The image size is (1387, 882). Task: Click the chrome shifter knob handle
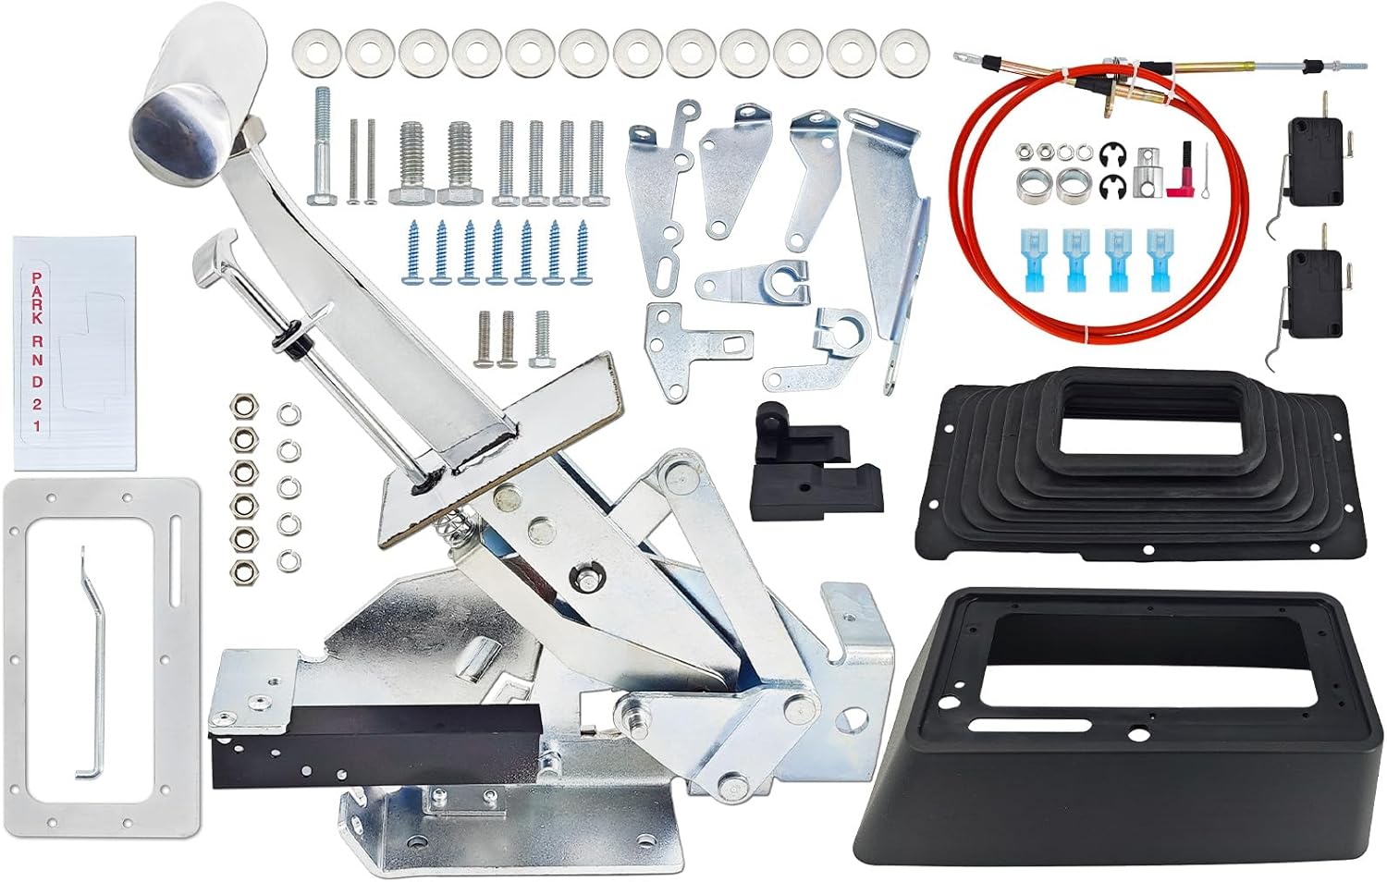pos(198,92)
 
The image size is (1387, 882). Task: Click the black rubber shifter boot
pos(1139,464)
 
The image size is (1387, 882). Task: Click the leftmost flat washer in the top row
pos(316,53)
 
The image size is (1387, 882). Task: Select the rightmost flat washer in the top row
pos(904,53)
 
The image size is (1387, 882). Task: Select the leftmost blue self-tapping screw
pos(413,253)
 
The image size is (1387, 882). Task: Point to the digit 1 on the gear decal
pos(37,426)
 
